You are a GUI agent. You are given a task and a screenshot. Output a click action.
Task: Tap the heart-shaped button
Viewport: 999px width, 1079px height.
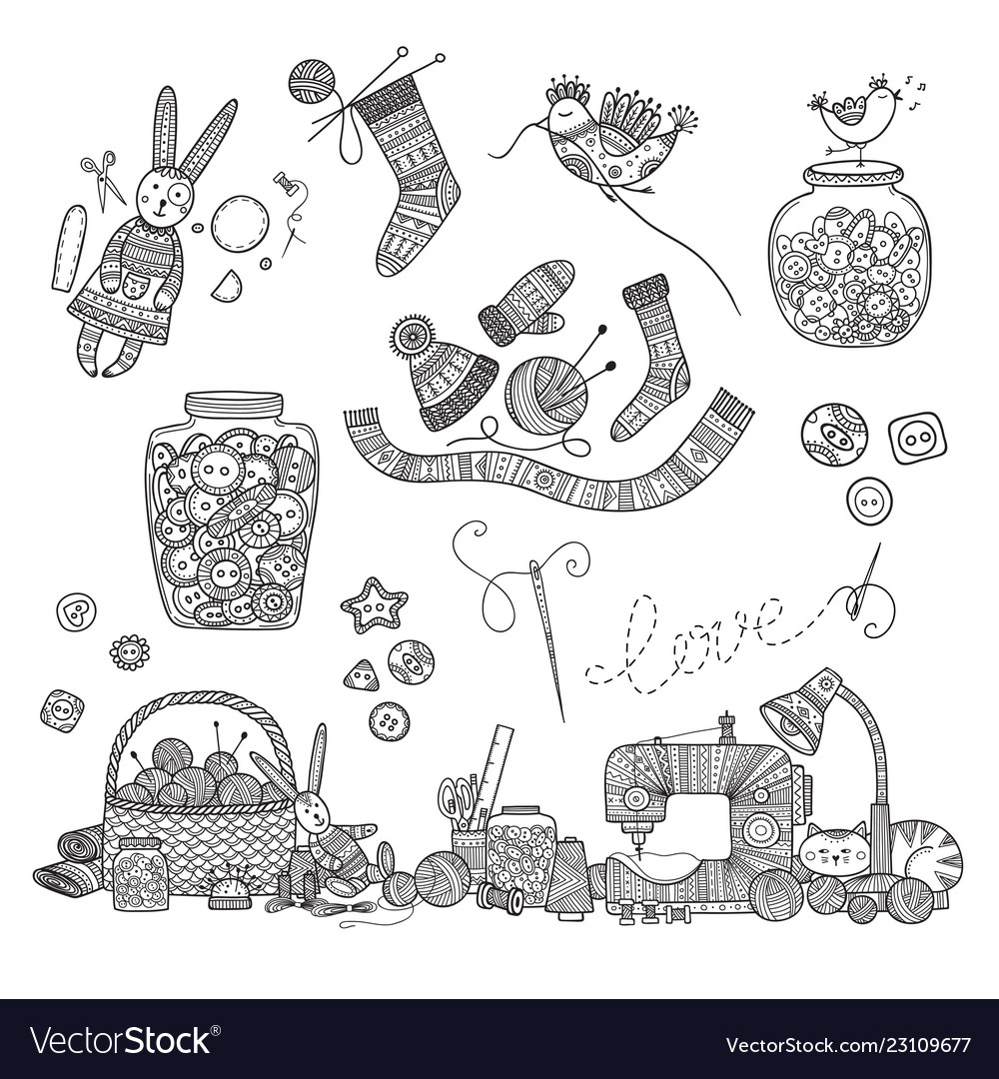click(x=77, y=609)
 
